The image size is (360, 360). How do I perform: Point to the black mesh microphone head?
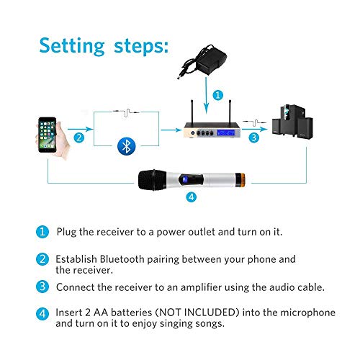point(152,180)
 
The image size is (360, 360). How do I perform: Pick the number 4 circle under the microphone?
point(191,198)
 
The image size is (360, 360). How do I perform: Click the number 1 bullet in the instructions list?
point(42,233)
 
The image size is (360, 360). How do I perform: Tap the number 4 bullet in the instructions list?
point(42,315)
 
